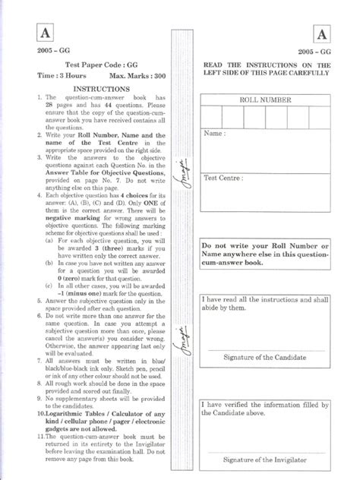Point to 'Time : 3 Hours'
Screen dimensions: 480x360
[62, 77]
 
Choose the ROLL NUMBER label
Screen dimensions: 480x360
[265, 99]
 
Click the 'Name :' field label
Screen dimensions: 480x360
[215, 133]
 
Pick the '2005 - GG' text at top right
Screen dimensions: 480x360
[314, 52]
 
